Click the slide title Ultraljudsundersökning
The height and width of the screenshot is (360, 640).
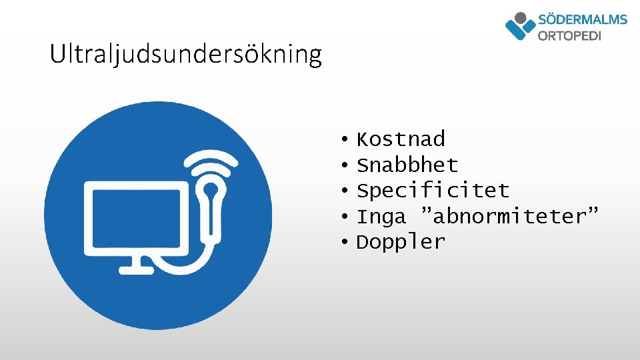[185, 54]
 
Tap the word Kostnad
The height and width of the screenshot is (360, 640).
[401, 139]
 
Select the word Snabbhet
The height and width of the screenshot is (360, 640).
[407, 165]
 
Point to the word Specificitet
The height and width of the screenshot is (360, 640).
[433, 191]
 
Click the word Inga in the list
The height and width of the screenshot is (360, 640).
[381, 217]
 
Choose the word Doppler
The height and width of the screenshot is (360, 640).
[401, 242]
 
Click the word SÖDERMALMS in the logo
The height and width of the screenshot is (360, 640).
[582, 19]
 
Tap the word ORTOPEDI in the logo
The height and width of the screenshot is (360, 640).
[569, 35]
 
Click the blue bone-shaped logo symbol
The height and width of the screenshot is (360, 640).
[520, 26]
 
